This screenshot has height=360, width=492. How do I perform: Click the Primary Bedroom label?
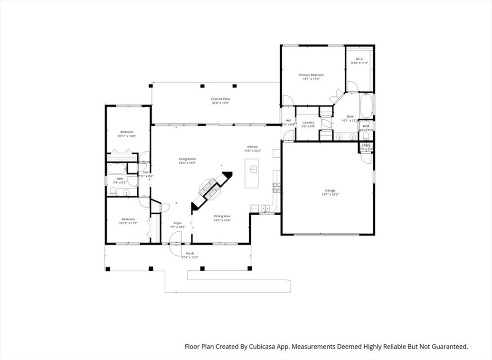pyautogui.click(x=311, y=75)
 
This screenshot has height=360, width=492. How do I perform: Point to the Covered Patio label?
pyautogui.click(x=220, y=99)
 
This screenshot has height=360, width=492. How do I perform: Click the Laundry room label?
pyautogui.click(x=308, y=123)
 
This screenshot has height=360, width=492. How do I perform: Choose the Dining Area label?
pyautogui.click(x=222, y=216)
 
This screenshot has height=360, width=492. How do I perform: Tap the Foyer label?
pyautogui.click(x=178, y=223)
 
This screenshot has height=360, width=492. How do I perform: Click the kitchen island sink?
pyautogui.click(x=252, y=169)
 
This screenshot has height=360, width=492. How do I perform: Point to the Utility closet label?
pyautogui.click(x=366, y=145)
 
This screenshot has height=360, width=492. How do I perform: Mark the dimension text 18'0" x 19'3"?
pyautogui.click(x=187, y=163)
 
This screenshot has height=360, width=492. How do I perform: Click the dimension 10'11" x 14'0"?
pyautogui.click(x=127, y=136)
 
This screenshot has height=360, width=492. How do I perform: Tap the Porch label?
pyautogui.click(x=189, y=253)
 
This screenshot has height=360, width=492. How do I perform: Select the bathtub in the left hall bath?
pyautogui.click(x=116, y=168)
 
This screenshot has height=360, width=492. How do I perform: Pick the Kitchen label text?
pyautogui.click(x=252, y=147)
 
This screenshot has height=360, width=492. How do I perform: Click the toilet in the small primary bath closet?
pyautogui.click(x=366, y=134)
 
